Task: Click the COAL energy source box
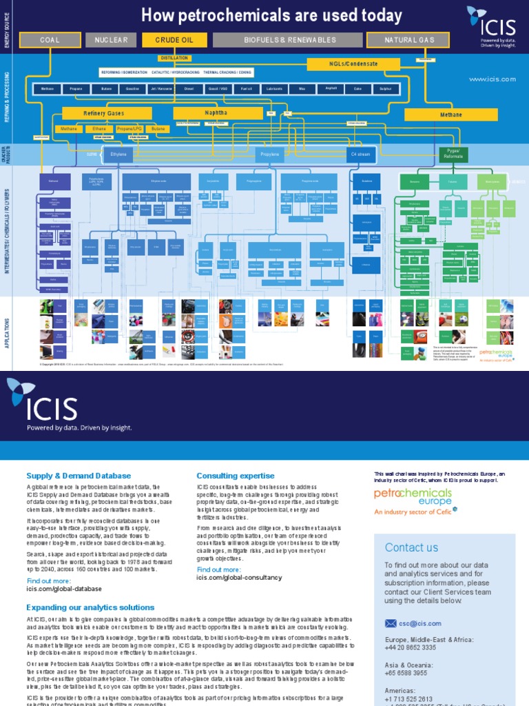pyautogui.click(x=50, y=40)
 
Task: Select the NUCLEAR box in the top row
pyautogui.click(x=111, y=40)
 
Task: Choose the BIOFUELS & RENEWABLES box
pyautogui.click(x=290, y=40)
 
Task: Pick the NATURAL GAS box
pyautogui.click(x=410, y=40)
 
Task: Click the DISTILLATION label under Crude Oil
pyautogui.click(x=174, y=59)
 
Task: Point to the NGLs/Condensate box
pyautogui.click(x=353, y=64)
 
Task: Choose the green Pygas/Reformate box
pyautogui.click(x=453, y=154)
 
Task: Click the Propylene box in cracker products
pyautogui.click(x=270, y=155)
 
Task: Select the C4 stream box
pyautogui.click(x=361, y=155)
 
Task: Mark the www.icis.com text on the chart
pyautogui.click(x=492, y=79)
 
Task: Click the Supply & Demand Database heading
pyautogui.click(x=79, y=476)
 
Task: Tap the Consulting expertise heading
pyautogui.click(x=236, y=476)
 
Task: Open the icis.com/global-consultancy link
pyautogui.click(x=239, y=578)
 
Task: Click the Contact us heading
pyautogui.click(x=411, y=547)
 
